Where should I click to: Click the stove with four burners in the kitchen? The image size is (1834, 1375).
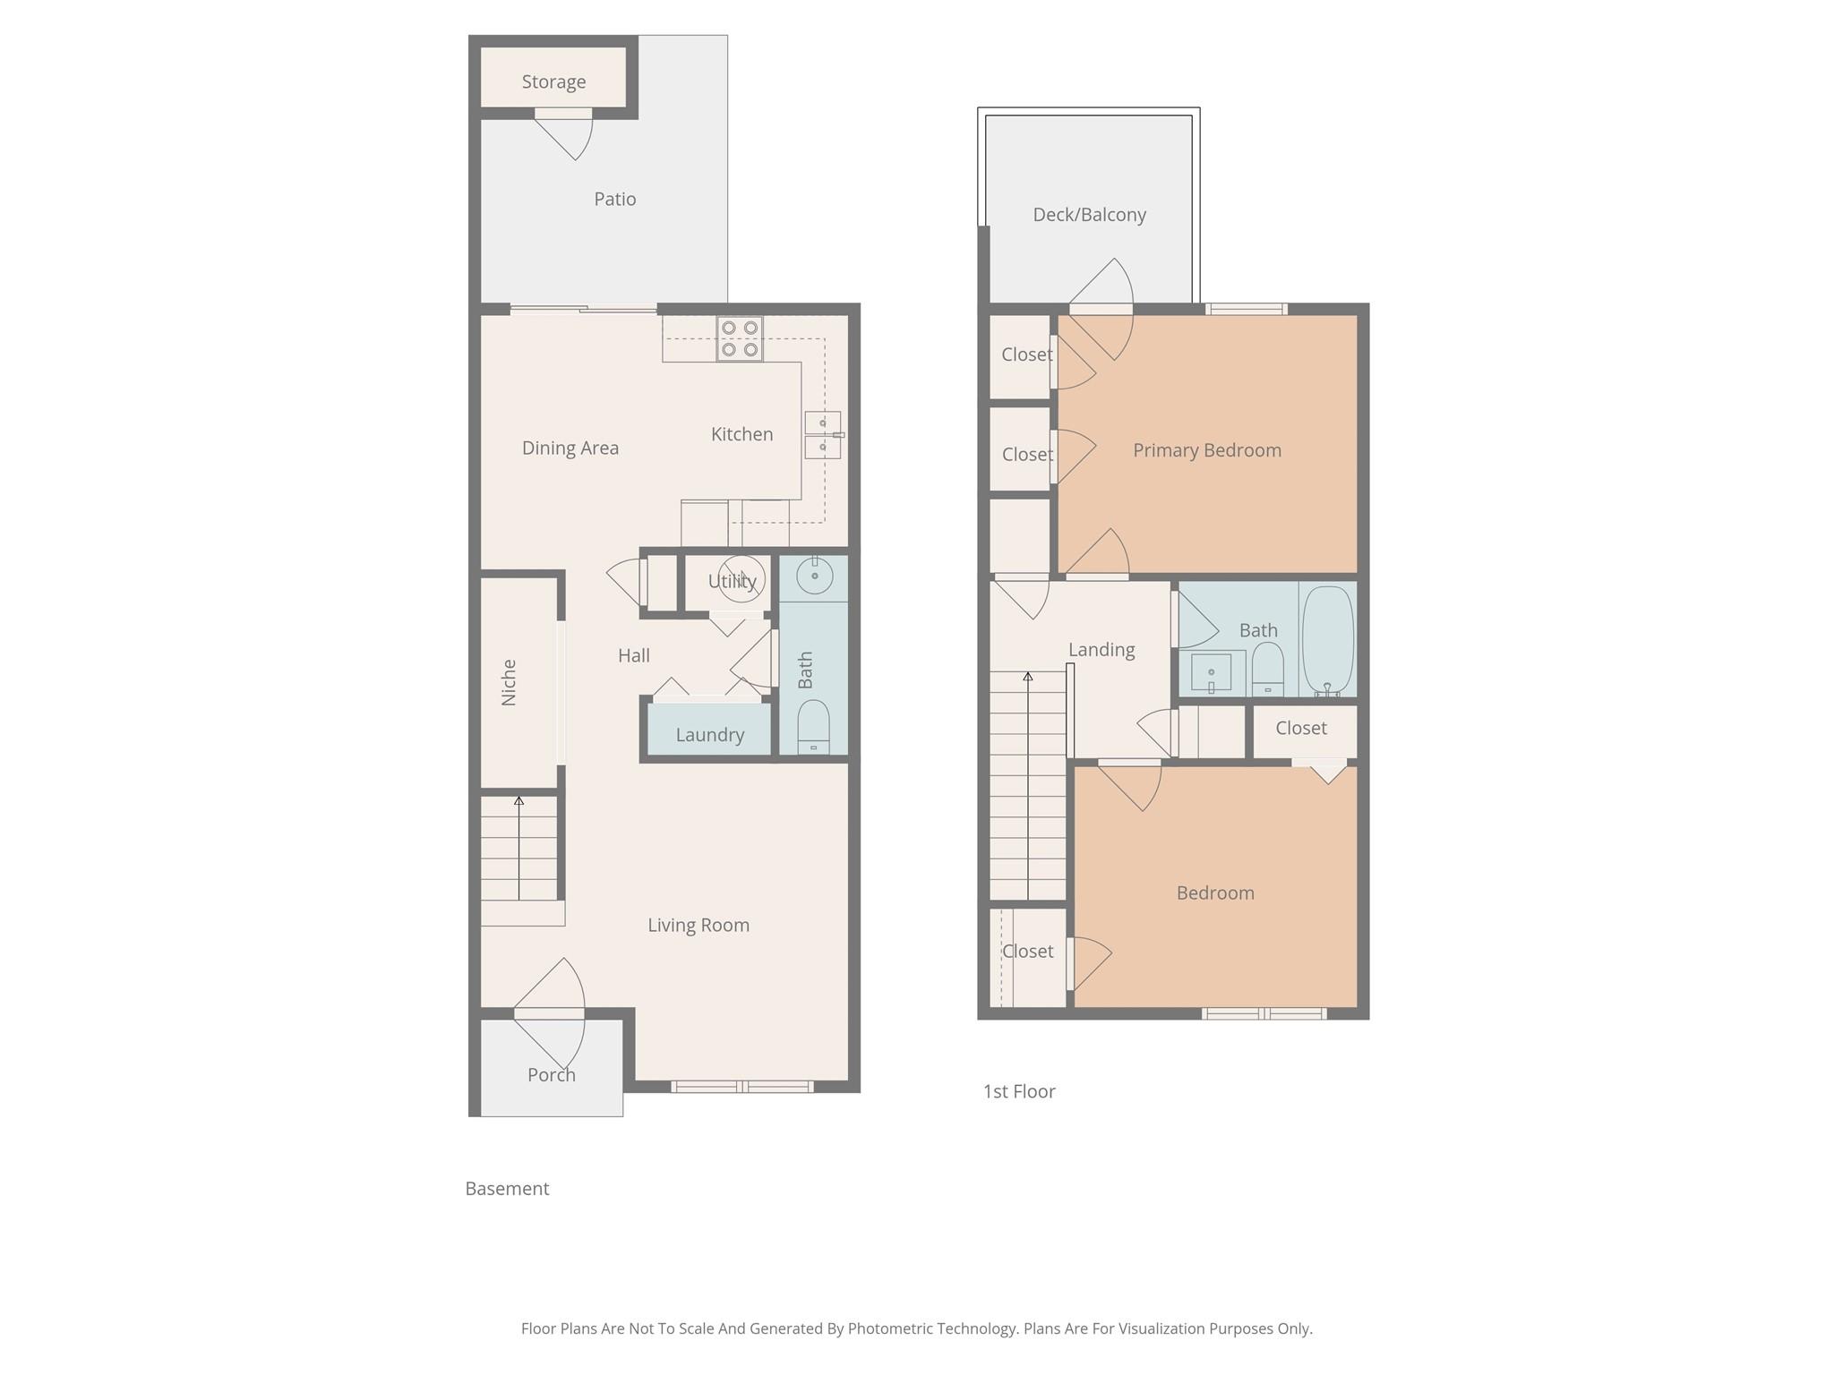coord(740,339)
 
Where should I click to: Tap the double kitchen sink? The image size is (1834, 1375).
coord(822,435)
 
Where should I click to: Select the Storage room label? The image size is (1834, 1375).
coord(553,82)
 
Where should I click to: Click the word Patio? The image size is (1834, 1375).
coord(615,199)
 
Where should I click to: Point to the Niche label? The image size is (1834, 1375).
coord(509,682)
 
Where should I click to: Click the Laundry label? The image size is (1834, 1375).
coord(709,735)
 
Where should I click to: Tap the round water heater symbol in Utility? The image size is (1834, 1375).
coord(742,578)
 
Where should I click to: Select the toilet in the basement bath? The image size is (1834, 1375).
coord(813,727)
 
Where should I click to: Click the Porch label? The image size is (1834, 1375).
coord(551,1075)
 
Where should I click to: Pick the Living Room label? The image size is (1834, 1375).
coord(698,925)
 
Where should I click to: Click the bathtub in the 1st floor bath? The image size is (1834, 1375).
coord(1327,639)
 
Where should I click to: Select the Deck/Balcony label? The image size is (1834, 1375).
coord(1089,215)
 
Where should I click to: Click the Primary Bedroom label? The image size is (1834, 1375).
coord(1206,450)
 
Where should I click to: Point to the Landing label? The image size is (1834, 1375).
coord(1101,650)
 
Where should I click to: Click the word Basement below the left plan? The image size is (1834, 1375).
coord(507,1189)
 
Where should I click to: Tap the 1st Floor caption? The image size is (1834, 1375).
coord(1019,1091)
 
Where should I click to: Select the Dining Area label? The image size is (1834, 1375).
coord(570,448)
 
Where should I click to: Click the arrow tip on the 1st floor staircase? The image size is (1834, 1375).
coord(1028,677)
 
